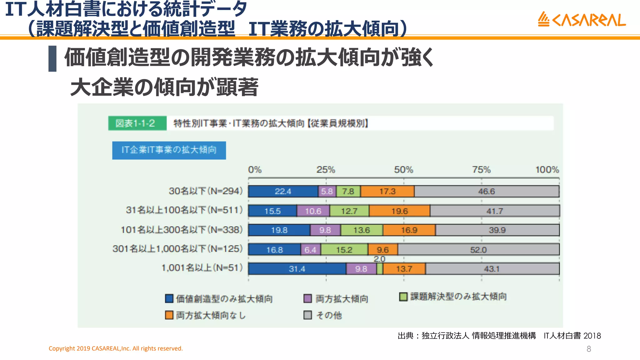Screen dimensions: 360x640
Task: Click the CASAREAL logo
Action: [582, 19]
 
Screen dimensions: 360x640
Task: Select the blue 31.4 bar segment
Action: [297, 269]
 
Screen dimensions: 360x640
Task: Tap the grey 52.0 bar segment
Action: [478, 250]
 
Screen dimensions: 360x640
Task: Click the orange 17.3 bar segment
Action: [387, 191]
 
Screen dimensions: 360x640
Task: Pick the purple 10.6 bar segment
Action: [313, 211]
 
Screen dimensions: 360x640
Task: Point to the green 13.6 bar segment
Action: [362, 230]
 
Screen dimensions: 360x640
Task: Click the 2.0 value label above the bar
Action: [379, 259]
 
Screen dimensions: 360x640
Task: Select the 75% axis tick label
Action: [481, 170]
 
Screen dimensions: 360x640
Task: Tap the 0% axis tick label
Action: [255, 170]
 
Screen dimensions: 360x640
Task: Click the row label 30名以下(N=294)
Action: [206, 191]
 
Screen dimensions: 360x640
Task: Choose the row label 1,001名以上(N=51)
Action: [202, 268]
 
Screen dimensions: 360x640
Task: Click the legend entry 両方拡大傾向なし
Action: [210, 315]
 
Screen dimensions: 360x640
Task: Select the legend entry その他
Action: [328, 315]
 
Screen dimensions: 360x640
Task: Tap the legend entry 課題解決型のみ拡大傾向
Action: [458, 297]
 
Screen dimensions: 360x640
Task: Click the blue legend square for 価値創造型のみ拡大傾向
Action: [169, 298]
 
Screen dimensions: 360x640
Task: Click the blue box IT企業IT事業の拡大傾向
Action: [169, 150]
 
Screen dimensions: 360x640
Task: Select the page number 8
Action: [589, 349]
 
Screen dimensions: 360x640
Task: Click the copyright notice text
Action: [116, 348]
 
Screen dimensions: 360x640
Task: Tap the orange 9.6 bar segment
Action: [382, 250]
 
